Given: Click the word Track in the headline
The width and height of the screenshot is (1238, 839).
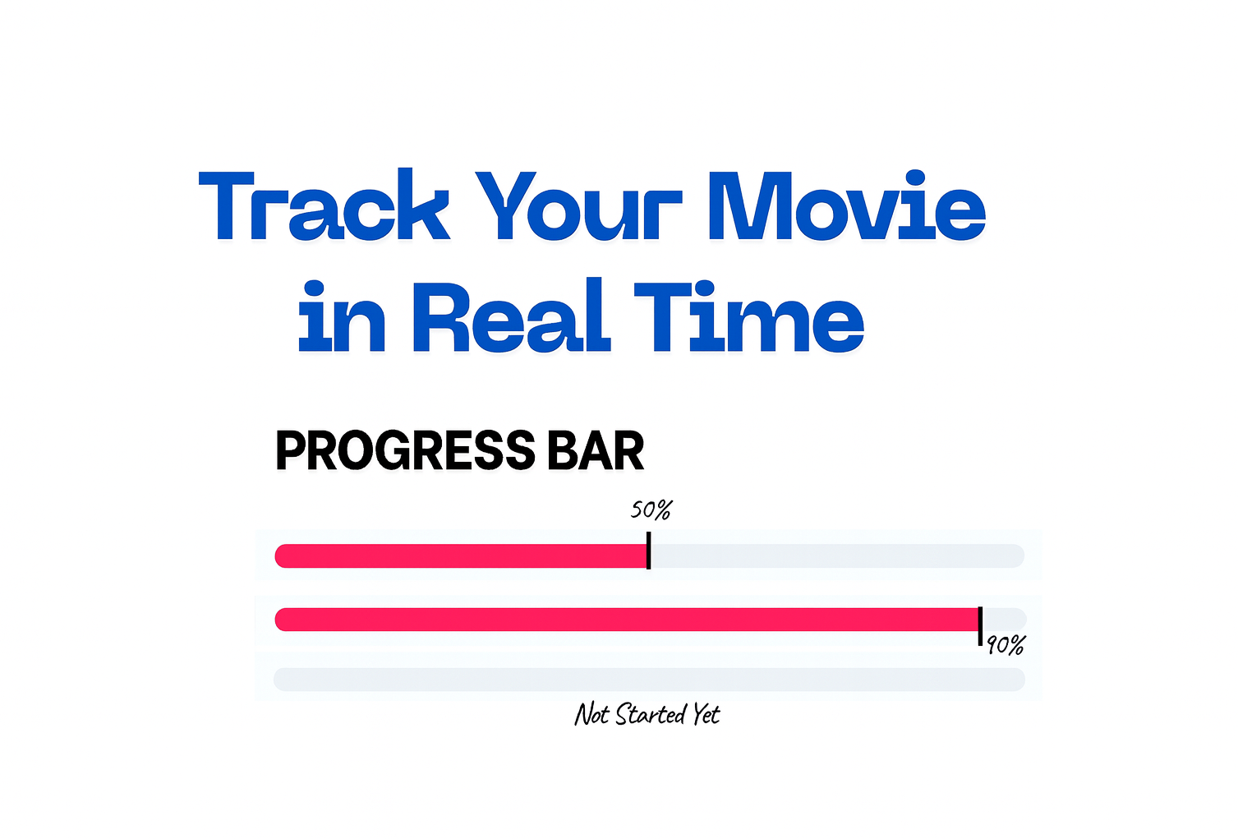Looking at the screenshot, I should click(x=324, y=207).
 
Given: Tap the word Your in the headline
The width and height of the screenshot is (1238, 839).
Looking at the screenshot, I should click(x=579, y=207).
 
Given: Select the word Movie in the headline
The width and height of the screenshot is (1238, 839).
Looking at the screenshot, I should click(x=846, y=207).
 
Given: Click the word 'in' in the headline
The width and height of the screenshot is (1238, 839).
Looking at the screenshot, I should click(x=342, y=318).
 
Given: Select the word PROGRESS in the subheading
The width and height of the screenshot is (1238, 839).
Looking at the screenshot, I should click(x=405, y=451).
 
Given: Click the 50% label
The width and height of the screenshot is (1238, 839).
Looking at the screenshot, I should click(x=651, y=510).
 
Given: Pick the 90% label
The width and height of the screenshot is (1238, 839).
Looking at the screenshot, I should click(x=1006, y=646).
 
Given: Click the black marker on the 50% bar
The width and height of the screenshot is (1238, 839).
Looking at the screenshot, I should click(x=648, y=551).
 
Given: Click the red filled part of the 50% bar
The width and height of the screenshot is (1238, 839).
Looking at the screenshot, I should click(x=460, y=556).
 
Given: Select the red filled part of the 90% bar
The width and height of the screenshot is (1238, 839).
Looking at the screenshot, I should click(x=624, y=620).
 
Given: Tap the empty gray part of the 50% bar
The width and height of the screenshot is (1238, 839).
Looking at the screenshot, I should click(x=838, y=556).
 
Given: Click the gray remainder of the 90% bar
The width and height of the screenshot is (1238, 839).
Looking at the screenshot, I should click(x=1006, y=619).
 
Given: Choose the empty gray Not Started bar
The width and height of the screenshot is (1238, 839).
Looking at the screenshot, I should click(x=649, y=680).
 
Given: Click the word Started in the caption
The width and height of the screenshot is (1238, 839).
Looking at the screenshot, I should click(x=651, y=714).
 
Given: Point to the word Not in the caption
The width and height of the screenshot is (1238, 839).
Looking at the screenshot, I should click(x=591, y=714).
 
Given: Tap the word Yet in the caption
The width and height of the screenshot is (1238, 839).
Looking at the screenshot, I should click(x=706, y=714).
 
